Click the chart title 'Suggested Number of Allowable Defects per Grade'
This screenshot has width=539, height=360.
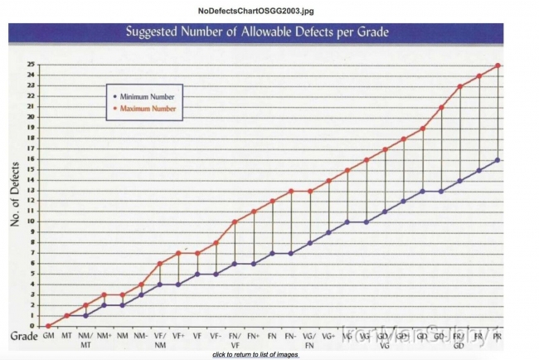[x=257, y=33]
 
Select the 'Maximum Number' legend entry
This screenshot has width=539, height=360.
[x=148, y=108]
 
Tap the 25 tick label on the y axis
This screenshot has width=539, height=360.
[x=30, y=64]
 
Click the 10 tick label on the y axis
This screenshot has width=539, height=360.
[x=30, y=221]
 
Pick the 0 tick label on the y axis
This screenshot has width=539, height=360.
[x=32, y=326]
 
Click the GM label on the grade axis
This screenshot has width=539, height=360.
[x=48, y=338]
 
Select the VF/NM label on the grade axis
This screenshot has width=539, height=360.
[x=160, y=341]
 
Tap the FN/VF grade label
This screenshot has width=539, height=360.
[x=235, y=341]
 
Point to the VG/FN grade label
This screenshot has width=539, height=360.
[x=309, y=341]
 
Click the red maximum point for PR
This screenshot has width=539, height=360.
[x=498, y=65]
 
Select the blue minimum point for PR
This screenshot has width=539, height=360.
[x=498, y=159]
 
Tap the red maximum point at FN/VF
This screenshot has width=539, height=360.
[x=235, y=221]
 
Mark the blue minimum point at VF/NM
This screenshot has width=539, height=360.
[x=160, y=285]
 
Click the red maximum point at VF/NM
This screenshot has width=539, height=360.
[x=160, y=264]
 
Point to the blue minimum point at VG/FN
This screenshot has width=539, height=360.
[x=309, y=243]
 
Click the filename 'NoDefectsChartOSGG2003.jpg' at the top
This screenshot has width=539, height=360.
[x=256, y=10]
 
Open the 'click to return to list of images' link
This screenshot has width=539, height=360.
[x=255, y=354]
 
